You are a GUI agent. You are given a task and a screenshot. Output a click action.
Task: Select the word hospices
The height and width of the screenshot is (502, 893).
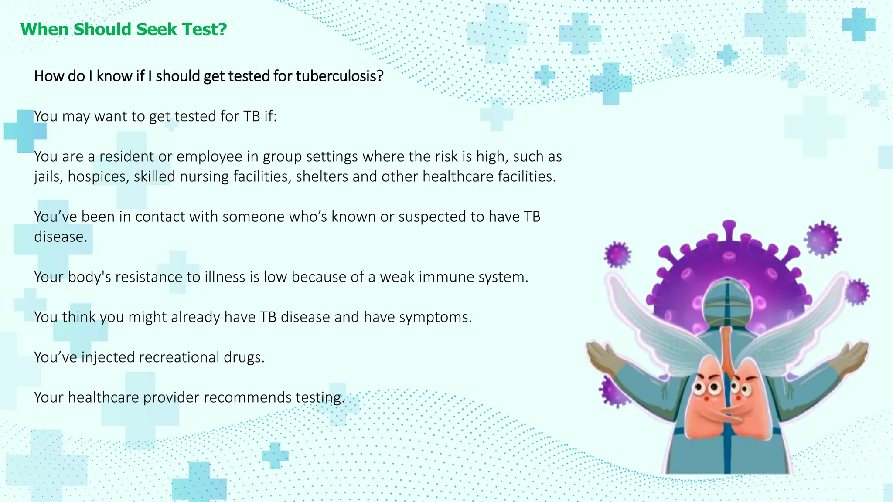[98, 177]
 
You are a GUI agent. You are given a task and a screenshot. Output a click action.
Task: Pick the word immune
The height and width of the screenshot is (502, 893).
[446, 277]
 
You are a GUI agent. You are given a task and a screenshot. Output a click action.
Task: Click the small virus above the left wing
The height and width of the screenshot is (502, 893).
[617, 254]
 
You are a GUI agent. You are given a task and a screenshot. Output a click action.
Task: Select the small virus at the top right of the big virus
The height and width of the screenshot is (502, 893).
[822, 239]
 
